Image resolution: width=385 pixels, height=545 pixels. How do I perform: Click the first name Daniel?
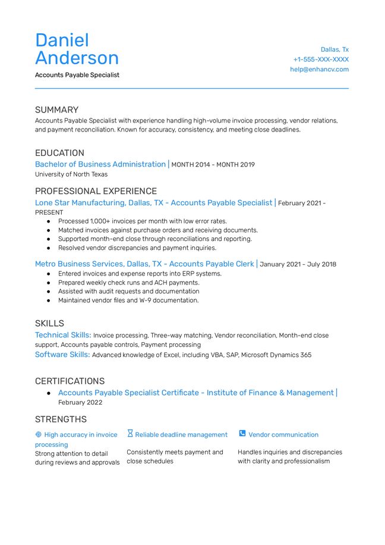coord(62,40)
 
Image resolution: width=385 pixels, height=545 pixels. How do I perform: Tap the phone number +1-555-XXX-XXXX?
coord(321,59)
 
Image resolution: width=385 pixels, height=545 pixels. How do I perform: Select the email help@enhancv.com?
coord(319,69)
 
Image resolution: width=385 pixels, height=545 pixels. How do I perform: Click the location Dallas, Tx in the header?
coord(334,49)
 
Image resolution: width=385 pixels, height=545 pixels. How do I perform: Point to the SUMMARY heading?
coord(56,110)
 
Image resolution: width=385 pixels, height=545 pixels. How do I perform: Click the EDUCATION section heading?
coord(59,153)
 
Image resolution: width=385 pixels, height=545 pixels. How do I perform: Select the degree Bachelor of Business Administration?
coord(100,164)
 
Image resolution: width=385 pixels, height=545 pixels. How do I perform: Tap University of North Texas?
coord(71,174)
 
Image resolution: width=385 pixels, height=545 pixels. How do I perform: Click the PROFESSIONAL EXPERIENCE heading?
coord(96,191)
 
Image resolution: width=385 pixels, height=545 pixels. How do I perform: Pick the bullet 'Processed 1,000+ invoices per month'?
coord(142,221)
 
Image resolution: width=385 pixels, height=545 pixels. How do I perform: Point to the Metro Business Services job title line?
coord(144,264)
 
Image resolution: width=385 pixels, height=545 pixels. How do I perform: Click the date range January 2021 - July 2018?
coord(298,264)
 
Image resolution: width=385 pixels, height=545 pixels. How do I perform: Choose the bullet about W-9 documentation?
coord(128,300)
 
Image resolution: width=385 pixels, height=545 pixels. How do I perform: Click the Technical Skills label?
coord(63,335)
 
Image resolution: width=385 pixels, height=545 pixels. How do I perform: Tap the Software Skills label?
coord(62,355)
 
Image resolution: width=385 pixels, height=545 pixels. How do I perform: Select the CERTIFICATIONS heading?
coord(70,381)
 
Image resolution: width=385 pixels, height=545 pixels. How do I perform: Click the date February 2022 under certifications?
coord(80,403)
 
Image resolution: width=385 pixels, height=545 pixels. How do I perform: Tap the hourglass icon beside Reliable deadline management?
coord(130,434)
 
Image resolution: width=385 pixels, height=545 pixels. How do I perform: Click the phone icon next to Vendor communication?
coord(242,434)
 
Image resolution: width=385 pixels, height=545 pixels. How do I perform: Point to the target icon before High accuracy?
coord(39,435)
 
